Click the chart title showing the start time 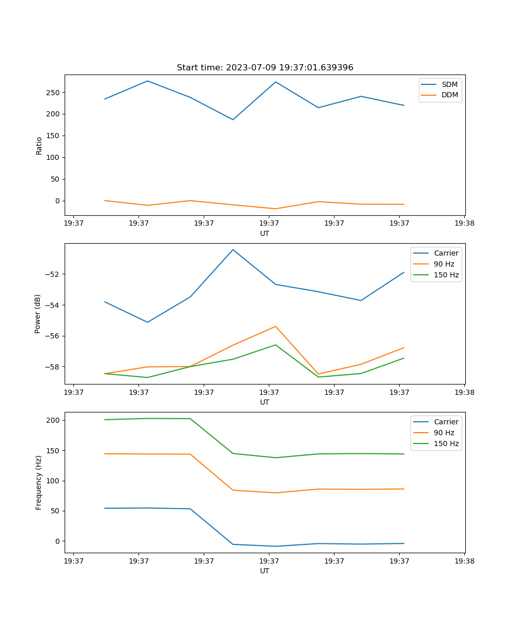pos(265,68)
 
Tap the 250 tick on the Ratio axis pos(54,93)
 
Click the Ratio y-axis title pos(39,145)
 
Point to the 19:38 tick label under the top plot pos(464,224)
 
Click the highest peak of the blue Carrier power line pos(233,250)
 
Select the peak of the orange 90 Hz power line pos(276,327)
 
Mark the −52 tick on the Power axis pos(53,274)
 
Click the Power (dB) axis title pos(38,314)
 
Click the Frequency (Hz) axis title pos(39,483)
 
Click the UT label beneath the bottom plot pos(265,571)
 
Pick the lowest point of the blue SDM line pos(233,120)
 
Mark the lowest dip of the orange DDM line pos(276,209)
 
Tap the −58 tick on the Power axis pos(53,367)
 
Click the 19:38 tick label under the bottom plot pos(464,561)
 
